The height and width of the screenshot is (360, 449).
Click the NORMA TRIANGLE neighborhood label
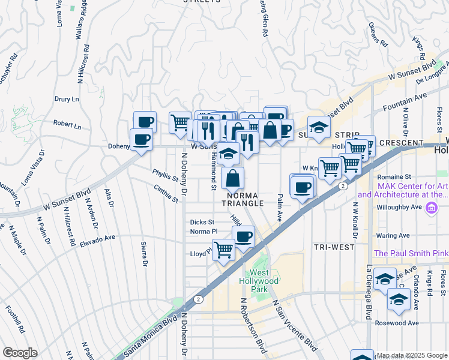pos(245,199)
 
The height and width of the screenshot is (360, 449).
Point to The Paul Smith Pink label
pos(411,253)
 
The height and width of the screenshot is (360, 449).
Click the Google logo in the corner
pos(20,352)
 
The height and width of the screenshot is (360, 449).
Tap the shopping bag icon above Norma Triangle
pos(232,178)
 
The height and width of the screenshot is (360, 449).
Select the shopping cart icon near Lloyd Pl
pos(223,249)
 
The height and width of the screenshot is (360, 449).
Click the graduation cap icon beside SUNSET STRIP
pos(319,127)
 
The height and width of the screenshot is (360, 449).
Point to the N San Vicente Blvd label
pos(294,327)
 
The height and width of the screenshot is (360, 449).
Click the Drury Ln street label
pos(67,99)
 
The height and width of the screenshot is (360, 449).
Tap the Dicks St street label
pos(202,222)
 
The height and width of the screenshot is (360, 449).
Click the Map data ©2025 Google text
pos(412,355)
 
